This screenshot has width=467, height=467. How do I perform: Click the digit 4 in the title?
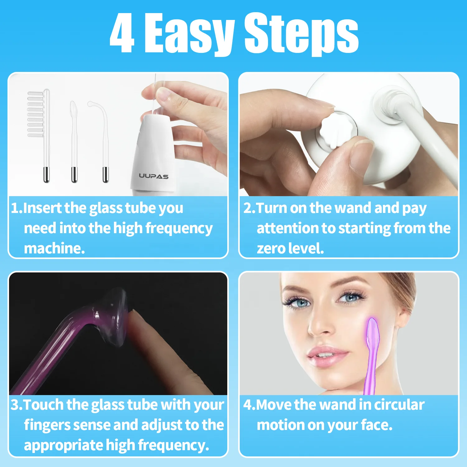[122, 34]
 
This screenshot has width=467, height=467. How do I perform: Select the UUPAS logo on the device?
[153, 176]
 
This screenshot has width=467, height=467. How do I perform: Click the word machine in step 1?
[54, 249]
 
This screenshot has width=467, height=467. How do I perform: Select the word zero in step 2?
[271, 249]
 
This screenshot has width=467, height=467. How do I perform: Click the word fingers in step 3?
[47, 425]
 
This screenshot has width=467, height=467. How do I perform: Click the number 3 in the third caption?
[15, 405]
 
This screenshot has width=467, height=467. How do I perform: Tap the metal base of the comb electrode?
[46, 174]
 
